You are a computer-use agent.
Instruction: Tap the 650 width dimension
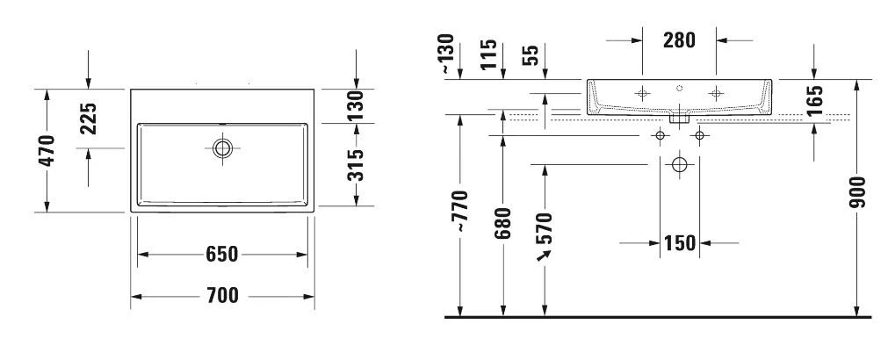222,255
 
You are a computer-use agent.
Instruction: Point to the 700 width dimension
222,296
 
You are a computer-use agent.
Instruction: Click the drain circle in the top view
222,148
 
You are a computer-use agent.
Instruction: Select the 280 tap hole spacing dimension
679,40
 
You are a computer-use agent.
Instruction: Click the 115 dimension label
490,54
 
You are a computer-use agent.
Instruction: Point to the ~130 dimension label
450,53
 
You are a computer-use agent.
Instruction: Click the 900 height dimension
858,192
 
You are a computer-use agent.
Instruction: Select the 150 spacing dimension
680,242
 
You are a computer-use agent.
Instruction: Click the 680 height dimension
502,227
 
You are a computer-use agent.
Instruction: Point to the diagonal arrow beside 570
544,255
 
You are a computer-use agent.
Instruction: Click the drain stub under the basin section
679,115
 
